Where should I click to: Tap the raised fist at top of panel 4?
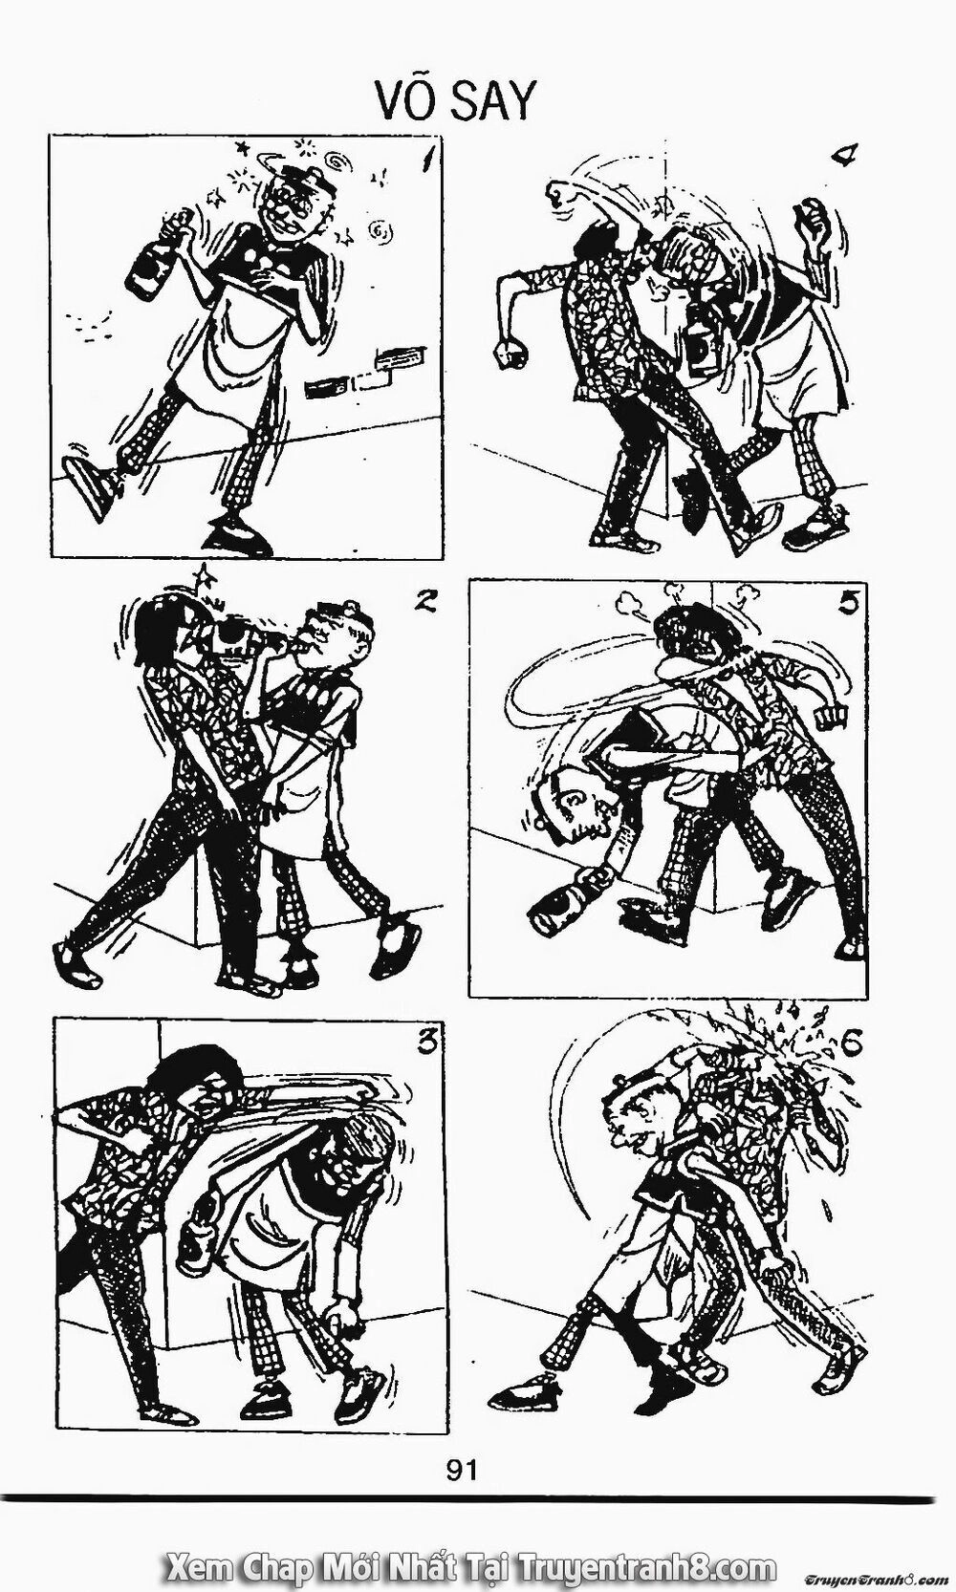click(565, 195)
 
